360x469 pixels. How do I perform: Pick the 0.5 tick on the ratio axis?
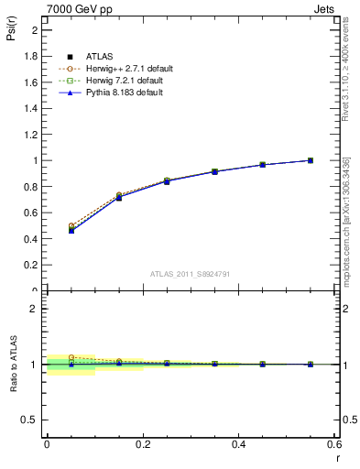point(30,420)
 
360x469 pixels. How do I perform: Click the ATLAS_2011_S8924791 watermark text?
point(191,274)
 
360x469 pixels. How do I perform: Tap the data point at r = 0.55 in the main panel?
point(311,160)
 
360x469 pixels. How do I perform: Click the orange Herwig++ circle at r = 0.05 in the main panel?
point(71,225)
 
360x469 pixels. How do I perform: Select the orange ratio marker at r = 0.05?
point(71,357)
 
